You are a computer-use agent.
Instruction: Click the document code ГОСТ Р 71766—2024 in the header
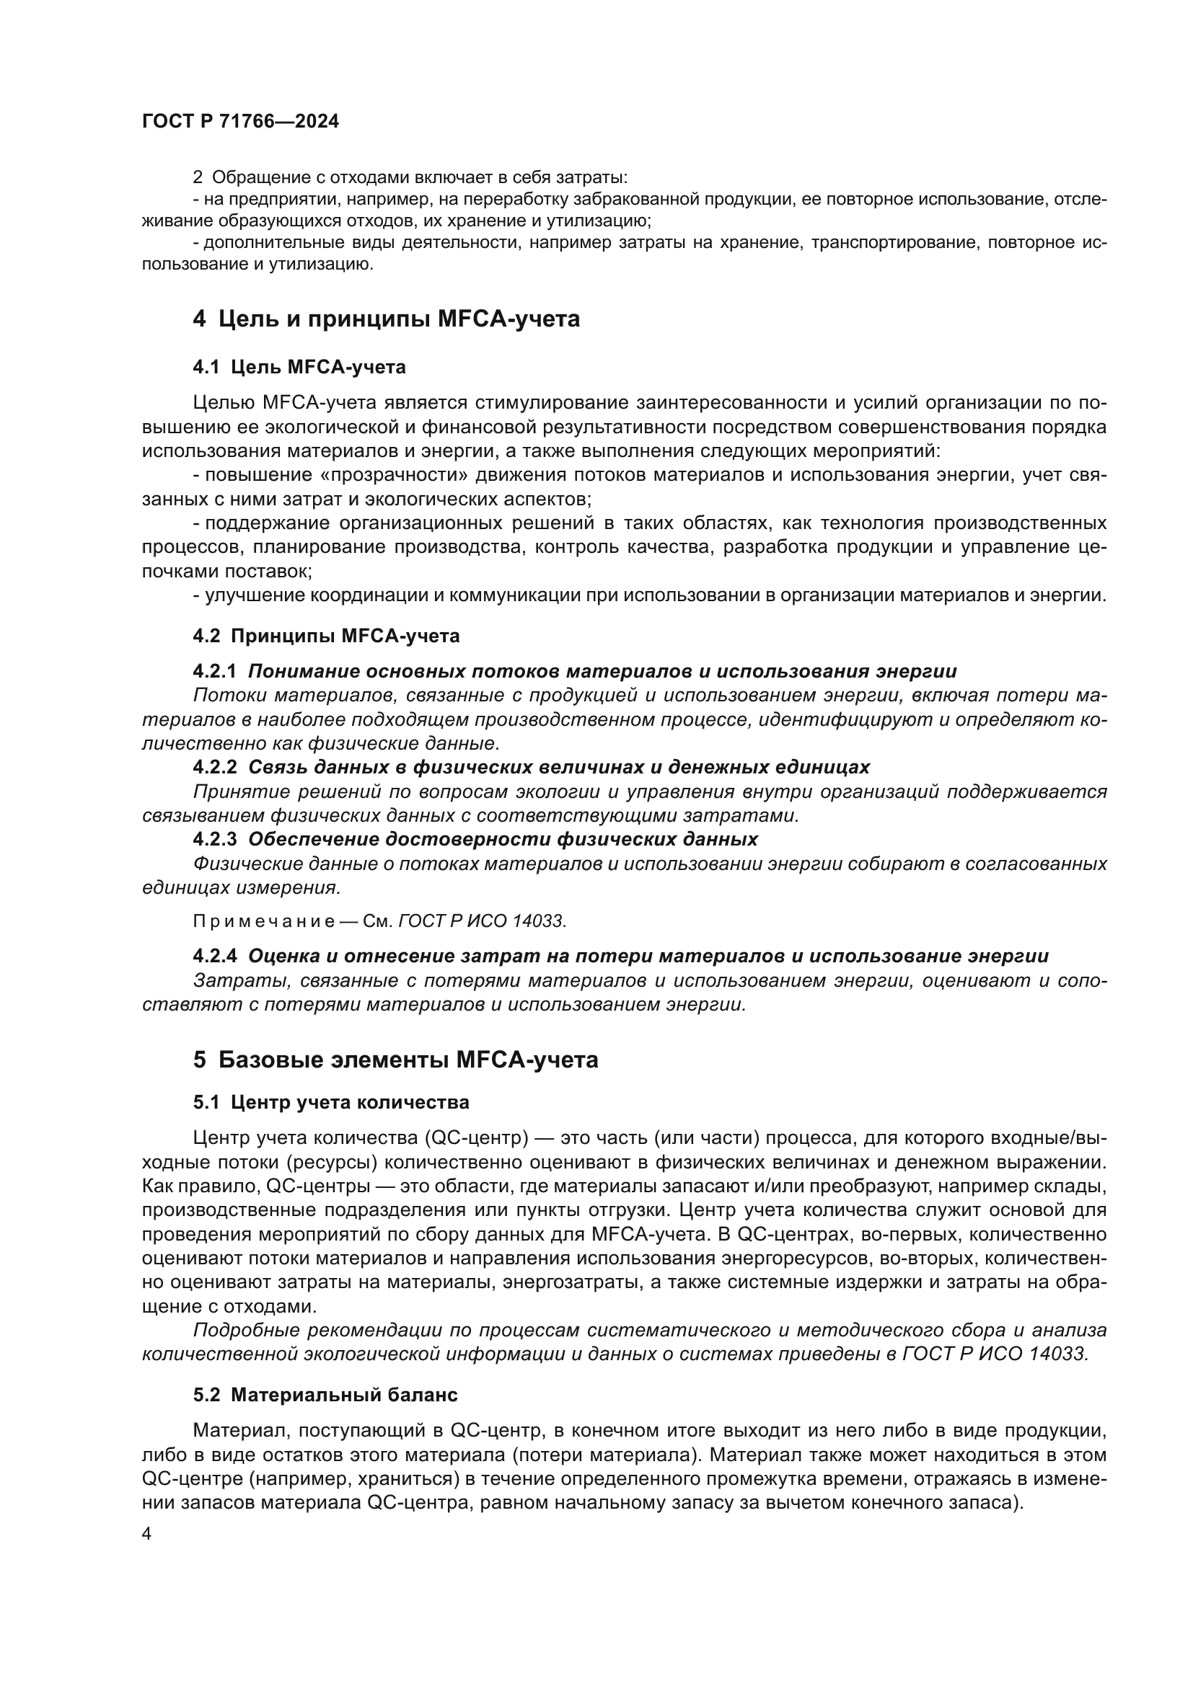(x=240, y=122)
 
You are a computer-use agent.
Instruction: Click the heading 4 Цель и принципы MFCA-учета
(x=386, y=319)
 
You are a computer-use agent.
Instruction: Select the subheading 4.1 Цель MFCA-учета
(x=299, y=367)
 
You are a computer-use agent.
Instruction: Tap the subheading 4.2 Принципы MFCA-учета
(x=326, y=636)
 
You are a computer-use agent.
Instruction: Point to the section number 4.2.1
(x=214, y=671)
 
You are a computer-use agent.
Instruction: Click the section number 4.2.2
(x=214, y=768)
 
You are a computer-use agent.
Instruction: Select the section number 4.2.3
(x=214, y=839)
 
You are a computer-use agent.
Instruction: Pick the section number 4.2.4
(x=214, y=956)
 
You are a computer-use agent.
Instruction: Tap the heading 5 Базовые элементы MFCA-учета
(x=395, y=1060)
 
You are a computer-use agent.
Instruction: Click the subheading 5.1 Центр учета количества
(x=330, y=1103)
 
